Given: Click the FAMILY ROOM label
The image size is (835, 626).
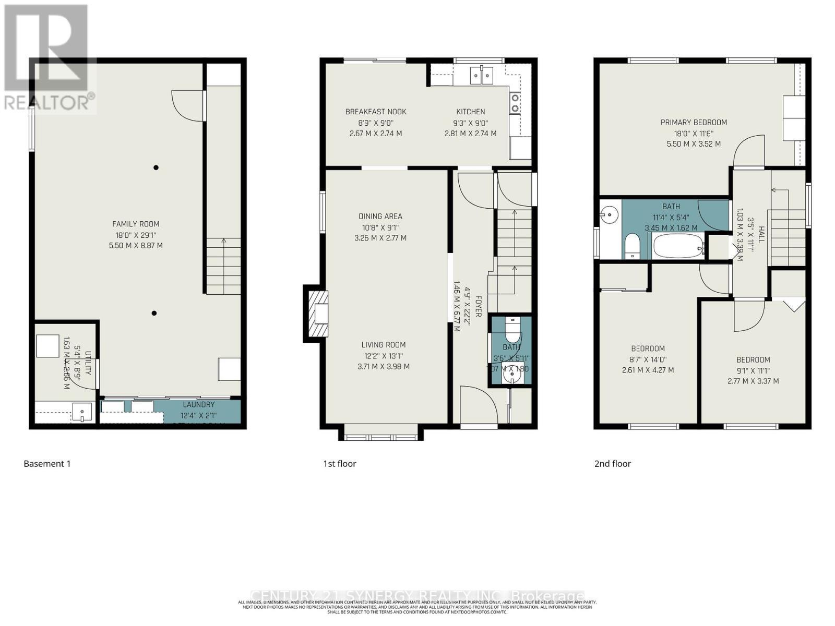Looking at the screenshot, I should [x=136, y=224].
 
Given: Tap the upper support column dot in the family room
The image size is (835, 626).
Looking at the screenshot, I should [x=156, y=167].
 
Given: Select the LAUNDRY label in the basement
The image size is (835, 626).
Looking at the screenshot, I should [x=198, y=404].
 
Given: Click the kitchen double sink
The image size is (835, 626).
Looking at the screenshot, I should [x=482, y=76].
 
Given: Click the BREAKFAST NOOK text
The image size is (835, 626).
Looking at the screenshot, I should [x=376, y=112].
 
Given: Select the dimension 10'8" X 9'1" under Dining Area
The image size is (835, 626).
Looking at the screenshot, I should [x=380, y=227].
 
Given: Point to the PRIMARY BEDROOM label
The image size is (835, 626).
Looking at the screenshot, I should [x=694, y=122].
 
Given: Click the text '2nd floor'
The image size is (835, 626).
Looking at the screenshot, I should [x=613, y=463].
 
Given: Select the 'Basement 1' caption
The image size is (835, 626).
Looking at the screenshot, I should [x=47, y=463].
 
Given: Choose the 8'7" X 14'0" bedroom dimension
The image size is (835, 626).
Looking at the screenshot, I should [x=648, y=359].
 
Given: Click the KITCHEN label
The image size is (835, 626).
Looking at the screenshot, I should [x=471, y=112].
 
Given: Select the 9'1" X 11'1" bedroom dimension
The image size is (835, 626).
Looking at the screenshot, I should [x=753, y=370].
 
